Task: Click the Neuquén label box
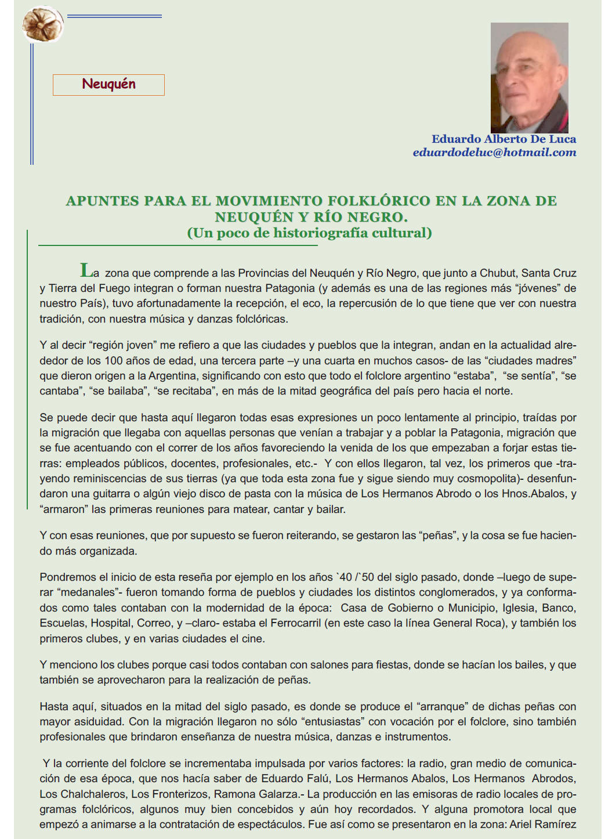(x=108, y=85)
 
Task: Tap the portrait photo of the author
(x=529, y=78)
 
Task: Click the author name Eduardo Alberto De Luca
(x=504, y=139)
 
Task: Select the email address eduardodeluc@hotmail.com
(x=494, y=153)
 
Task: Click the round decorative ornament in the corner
(x=43, y=24)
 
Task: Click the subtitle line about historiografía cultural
(x=309, y=233)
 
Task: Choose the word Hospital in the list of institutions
(x=111, y=623)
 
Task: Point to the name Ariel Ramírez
(x=542, y=824)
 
